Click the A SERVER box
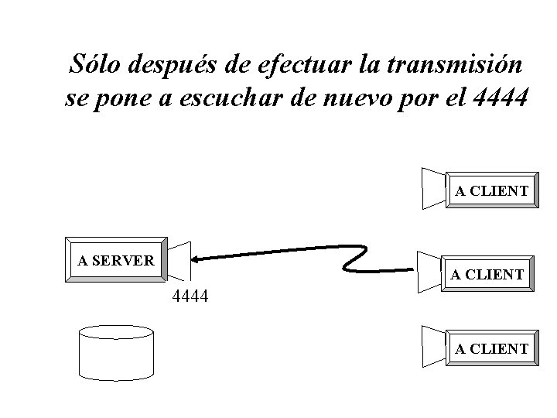point(116,260)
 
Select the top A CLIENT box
point(491,190)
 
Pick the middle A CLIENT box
point(487,274)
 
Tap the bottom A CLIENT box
point(491,349)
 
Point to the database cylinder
point(117,352)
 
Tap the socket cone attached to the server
point(179,259)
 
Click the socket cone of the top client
point(433,188)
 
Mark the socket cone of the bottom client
point(433,346)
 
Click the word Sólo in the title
point(95,64)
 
